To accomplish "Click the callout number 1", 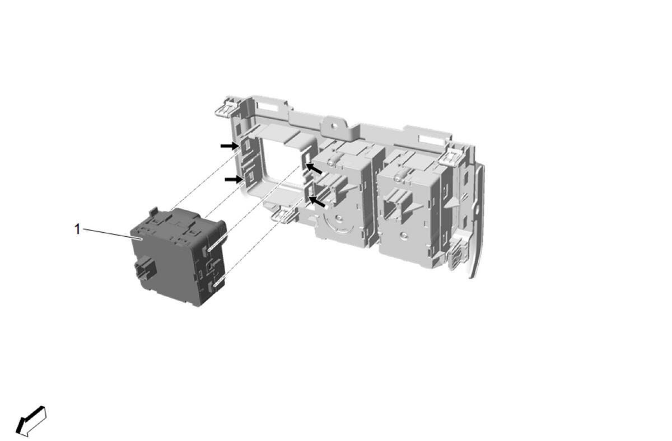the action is pos(77,229).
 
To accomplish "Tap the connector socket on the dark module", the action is pos(144,268).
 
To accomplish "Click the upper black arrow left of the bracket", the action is pos(230,146).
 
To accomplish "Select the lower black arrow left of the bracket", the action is pos(234,179).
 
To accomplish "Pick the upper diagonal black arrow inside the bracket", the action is pos(314,168).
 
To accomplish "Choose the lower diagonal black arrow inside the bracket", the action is pos(317,201).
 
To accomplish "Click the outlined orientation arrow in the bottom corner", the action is pos(31,421).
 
